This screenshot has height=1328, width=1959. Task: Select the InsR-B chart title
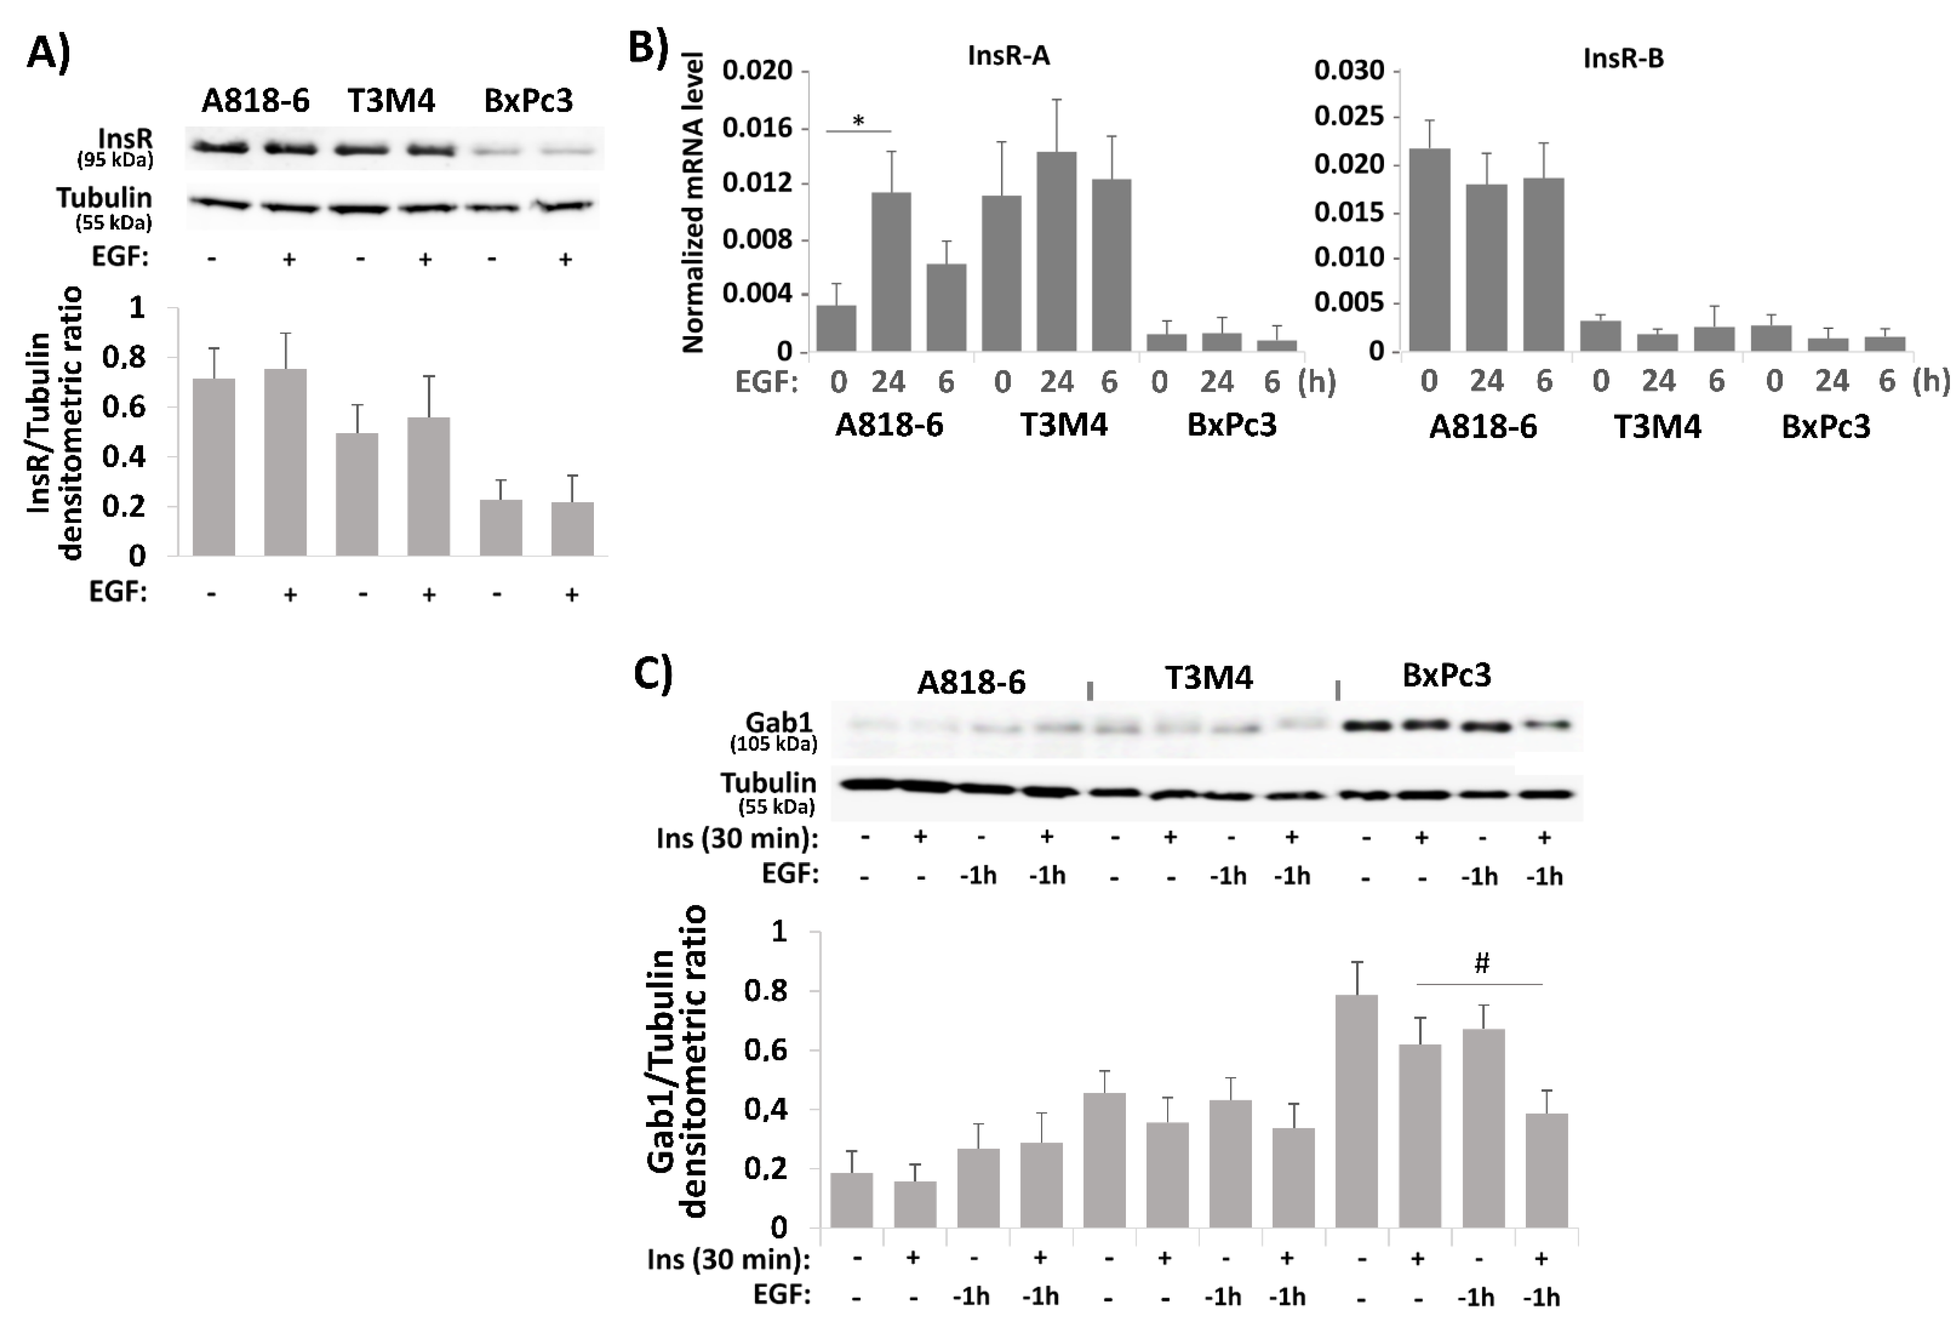pyautogui.click(x=1624, y=58)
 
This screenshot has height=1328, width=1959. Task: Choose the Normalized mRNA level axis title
pyautogui.click(x=693, y=202)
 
